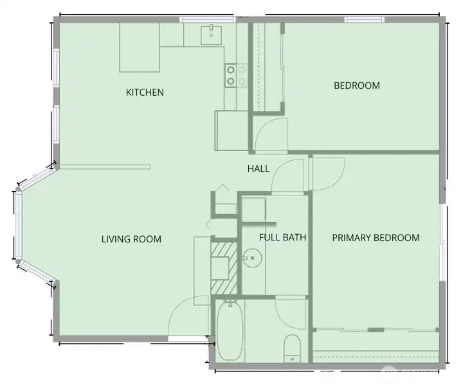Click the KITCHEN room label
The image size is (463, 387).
tap(145, 93)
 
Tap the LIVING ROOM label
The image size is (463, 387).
tap(131, 239)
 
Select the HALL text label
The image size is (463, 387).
tap(259, 169)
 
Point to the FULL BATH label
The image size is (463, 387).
tap(282, 237)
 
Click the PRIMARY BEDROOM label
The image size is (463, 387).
tap(376, 238)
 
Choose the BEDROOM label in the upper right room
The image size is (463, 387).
tap(357, 85)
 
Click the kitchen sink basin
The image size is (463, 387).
tap(212, 35)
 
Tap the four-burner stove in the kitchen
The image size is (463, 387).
tap(236, 76)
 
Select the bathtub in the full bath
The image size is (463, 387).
tap(230, 330)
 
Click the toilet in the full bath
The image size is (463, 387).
tap(292, 348)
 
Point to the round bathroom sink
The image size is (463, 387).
tap(252, 258)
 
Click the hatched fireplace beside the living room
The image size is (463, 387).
tap(224, 268)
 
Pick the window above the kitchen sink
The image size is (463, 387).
tap(208, 19)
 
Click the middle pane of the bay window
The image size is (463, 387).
tap(19, 225)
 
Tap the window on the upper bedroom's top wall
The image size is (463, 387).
tap(365, 19)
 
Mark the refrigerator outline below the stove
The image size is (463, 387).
tap(232, 130)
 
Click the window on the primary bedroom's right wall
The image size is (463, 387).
tap(442, 242)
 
